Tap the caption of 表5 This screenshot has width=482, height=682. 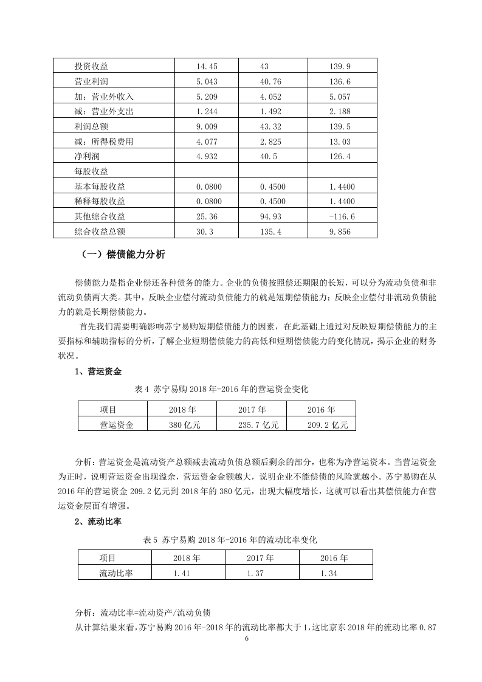tap(230, 539)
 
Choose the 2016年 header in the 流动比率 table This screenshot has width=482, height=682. tap(334, 557)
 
